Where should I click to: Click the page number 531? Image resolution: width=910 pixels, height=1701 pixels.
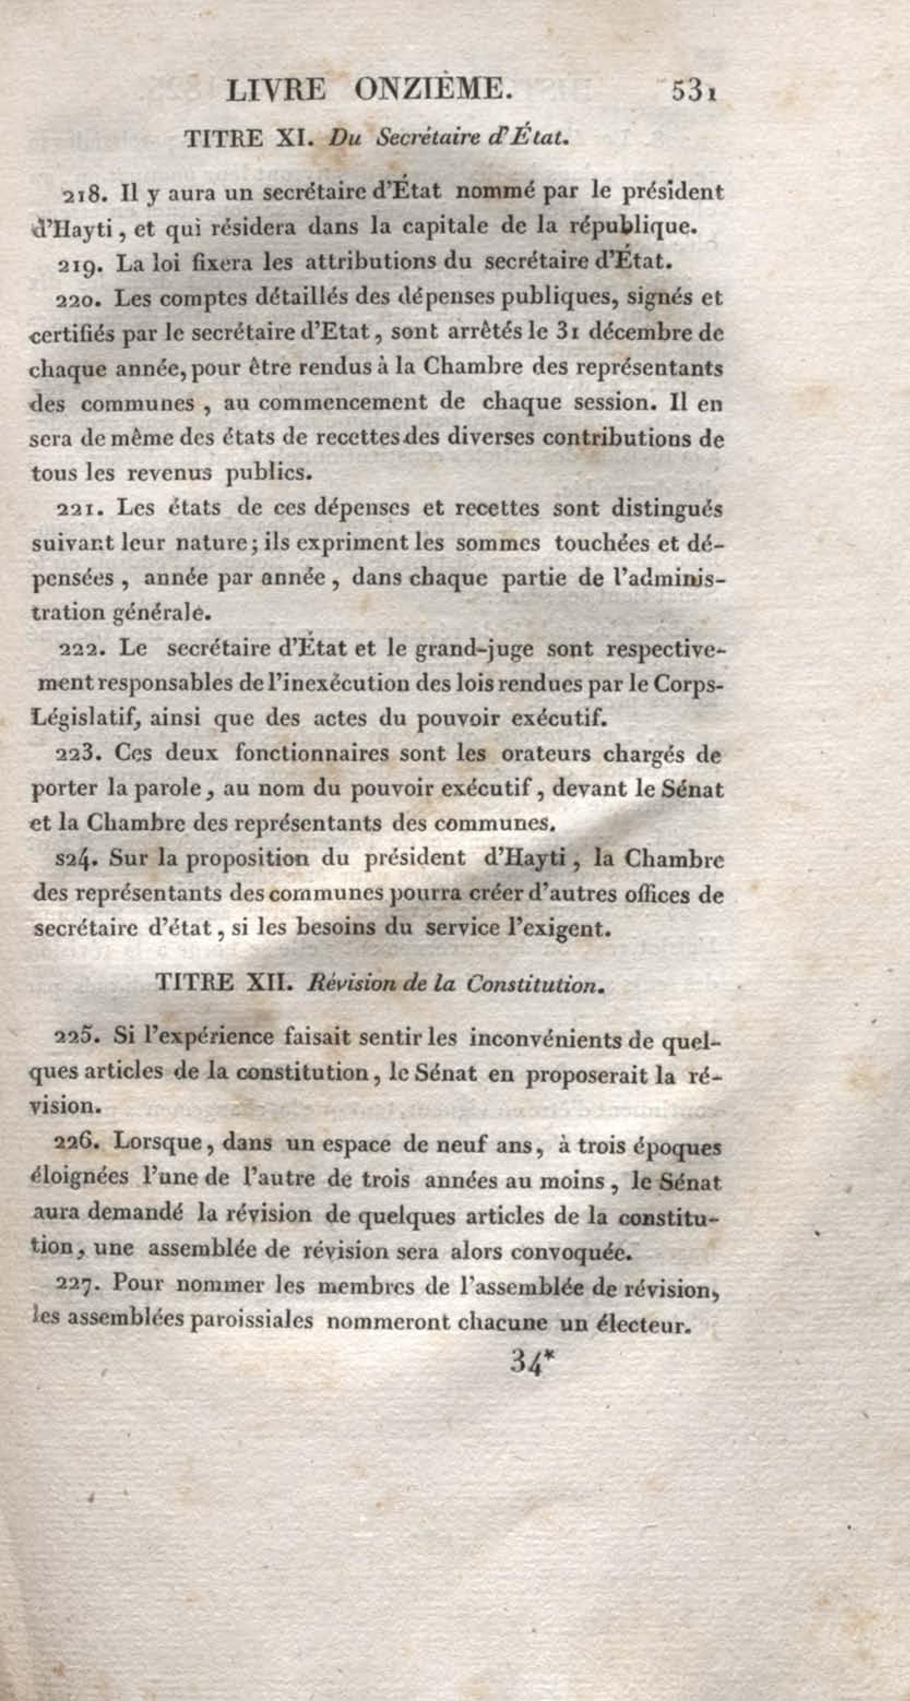[x=693, y=91]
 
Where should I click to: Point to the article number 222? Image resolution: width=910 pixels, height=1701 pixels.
[x=79, y=649]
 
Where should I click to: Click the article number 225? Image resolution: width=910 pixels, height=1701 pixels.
[x=76, y=1036]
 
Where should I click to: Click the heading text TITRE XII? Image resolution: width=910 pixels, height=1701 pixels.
[x=223, y=983]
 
